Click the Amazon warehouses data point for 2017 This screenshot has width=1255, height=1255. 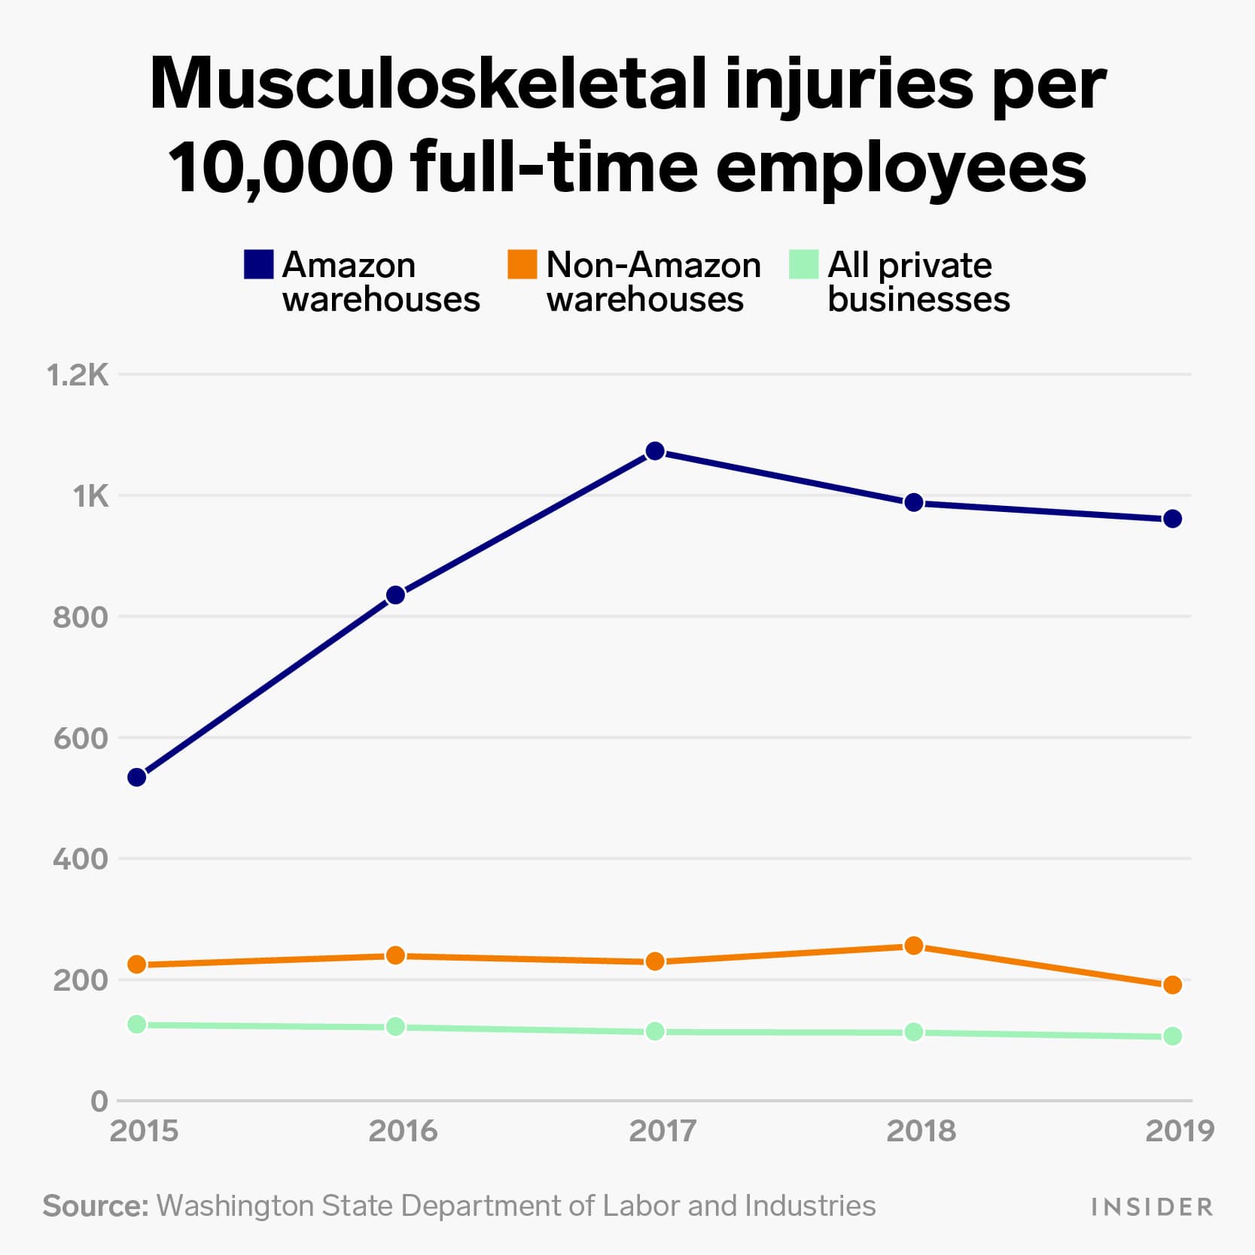[x=655, y=451]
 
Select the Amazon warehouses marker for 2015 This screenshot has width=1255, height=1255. [x=137, y=777]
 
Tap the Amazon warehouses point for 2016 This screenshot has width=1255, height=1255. [x=395, y=595]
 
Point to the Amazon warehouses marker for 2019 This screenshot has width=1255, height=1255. [x=1172, y=519]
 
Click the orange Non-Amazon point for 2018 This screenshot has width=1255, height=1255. [x=913, y=946]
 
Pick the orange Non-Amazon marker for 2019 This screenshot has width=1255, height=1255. [x=1172, y=985]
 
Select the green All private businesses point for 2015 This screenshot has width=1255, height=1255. [x=137, y=1024]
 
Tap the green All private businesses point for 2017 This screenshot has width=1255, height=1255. [x=655, y=1031]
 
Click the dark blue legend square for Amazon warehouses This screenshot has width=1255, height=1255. [x=258, y=264]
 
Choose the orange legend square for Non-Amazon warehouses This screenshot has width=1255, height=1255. [x=522, y=264]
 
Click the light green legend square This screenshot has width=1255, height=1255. [x=803, y=264]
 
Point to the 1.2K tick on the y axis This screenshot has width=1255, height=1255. [x=78, y=375]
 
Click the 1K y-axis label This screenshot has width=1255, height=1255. [x=90, y=496]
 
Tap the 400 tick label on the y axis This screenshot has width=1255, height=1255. [x=81, y=859]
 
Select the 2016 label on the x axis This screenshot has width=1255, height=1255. [x=403, y=1131]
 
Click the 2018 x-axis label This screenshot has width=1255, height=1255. [x=921, y=1131]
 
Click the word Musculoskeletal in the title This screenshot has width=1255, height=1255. [x=428, y=84]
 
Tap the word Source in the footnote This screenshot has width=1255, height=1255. [x=95, y=1205]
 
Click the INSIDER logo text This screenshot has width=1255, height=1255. [x=1152, y=1208]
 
